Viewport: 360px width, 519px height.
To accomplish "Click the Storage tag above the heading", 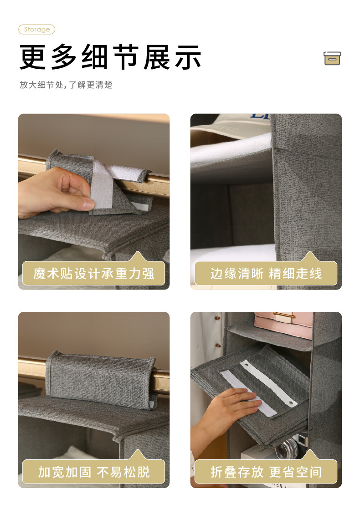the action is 37,30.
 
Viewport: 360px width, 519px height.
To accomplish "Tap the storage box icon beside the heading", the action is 332,58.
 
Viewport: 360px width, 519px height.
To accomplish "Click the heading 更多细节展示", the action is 110,57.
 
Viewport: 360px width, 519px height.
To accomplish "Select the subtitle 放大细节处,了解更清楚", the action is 66,85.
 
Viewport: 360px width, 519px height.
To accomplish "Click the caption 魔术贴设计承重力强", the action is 94,274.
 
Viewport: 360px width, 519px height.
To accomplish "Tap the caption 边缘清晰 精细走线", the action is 266,274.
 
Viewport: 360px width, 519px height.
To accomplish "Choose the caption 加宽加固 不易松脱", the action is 94,472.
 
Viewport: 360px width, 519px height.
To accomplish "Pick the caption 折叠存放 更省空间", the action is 266,472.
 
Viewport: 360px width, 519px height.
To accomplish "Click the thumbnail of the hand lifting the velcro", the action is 94,202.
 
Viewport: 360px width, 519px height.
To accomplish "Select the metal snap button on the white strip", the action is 292,403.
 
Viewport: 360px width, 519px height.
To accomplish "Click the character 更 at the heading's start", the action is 32,57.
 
